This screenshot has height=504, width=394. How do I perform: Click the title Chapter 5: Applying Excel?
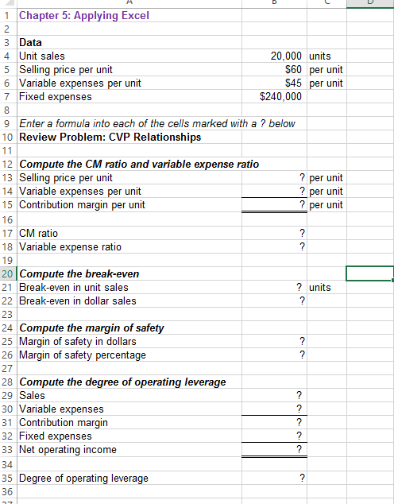[72, 15]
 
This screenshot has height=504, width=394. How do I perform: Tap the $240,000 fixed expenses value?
[281, 96]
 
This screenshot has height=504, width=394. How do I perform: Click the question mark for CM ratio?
[300, 233]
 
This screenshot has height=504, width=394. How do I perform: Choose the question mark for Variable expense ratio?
[300, 246]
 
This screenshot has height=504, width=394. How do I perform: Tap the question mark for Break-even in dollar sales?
[300, 301]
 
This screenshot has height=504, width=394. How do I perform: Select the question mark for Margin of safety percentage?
[300, 355]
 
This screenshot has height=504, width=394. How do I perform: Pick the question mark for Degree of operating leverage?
[300, 478]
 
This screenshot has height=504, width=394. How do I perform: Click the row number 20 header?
[7, 273]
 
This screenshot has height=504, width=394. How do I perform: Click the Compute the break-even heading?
[79, 273]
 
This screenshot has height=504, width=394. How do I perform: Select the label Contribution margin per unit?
[82, 205]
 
